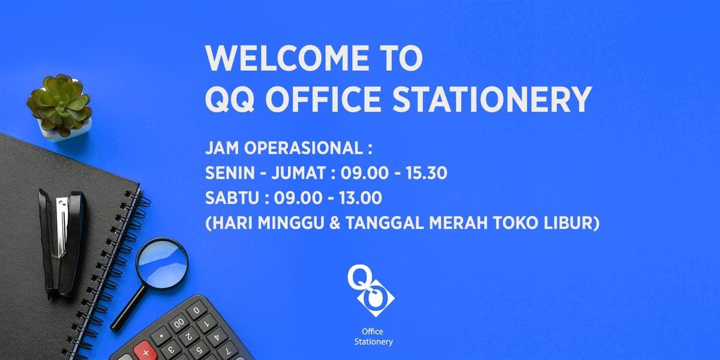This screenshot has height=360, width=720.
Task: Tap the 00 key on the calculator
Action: [x=178, y=323]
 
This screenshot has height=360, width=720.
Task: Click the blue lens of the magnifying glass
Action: [x=162, y=263]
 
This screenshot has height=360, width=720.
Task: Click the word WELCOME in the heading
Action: [x=287, y=58]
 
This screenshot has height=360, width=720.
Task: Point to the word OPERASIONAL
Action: [x=304, y=148]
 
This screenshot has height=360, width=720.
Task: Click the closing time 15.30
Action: [x=426, y=173]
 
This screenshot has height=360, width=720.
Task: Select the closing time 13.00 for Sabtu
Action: [x=361, y=197]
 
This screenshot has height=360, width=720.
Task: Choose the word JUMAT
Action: [x=299, y=173]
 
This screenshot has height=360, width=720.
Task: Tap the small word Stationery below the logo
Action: [x=373, y=341]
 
